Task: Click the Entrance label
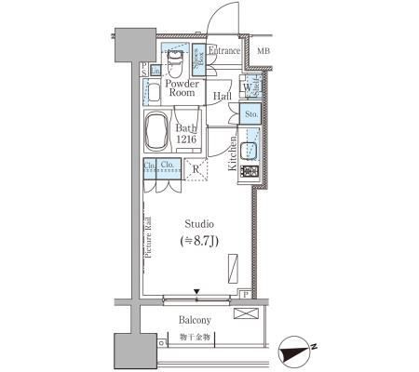click(224, 51)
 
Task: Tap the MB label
click(264, 51)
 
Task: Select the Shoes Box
click(198, 59)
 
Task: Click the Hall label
click(223, 97)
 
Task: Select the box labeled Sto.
click(250, 114)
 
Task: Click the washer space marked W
click(246, 88)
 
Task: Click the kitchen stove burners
click(250, 171)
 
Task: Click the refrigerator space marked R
click(196, 170)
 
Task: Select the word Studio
click(199, 224)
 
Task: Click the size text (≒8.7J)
click(198, 243)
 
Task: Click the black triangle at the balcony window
click(196, 294)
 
